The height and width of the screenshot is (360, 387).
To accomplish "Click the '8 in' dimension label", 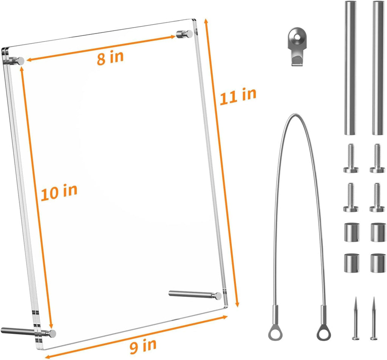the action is (110, 57).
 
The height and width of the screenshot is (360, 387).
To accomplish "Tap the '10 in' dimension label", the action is (59, 192).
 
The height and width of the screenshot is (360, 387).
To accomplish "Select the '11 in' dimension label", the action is (238, 96).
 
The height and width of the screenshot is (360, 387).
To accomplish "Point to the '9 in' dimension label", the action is (143, 346).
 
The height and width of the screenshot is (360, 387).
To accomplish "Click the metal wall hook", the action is (298, 46).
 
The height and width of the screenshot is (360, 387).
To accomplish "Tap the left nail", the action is (356, 318).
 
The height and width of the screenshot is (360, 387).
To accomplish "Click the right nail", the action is (374, 318).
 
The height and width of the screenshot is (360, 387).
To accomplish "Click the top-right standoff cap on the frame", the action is (189, 34).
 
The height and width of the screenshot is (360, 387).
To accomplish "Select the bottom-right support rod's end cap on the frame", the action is (218, 296).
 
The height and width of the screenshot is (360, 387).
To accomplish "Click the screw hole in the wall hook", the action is (298, 37).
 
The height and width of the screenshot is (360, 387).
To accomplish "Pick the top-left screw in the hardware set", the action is (351, 158).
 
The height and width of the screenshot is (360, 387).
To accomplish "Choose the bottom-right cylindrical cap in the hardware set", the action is (378, 263).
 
